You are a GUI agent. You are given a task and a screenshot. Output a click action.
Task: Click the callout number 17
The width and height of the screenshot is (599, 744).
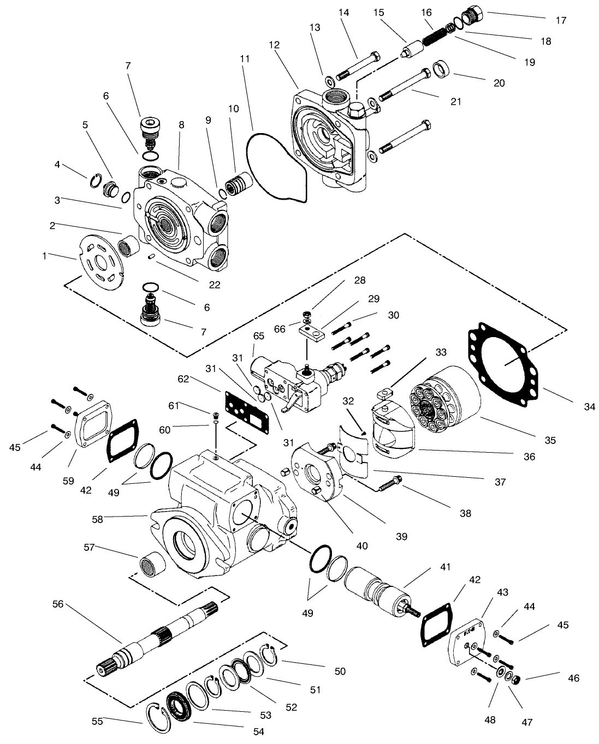561,21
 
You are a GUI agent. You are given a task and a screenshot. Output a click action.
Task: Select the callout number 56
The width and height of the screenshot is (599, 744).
58,604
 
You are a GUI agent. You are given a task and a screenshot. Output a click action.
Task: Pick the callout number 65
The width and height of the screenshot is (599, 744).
258,337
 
